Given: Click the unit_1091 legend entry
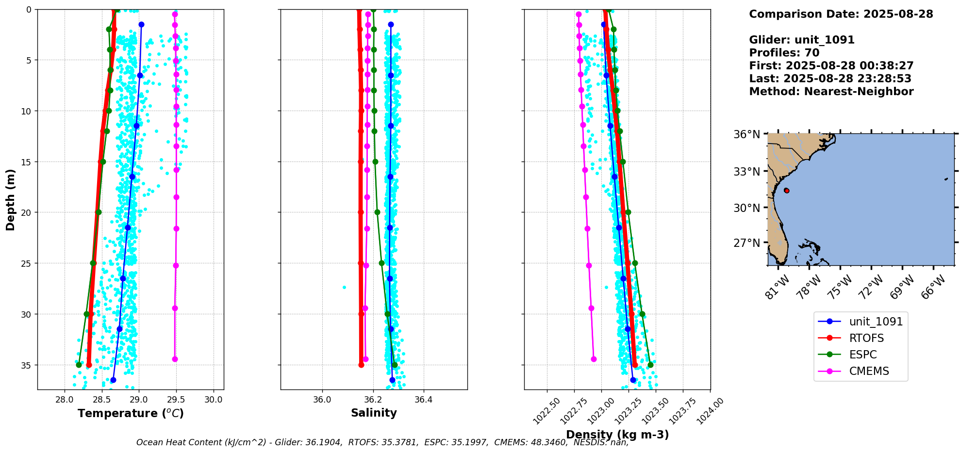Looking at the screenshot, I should (860, 322).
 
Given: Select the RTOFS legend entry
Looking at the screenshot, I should (860, 338).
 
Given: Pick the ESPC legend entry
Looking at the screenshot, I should (860, 355).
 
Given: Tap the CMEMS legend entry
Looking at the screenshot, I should (860, 371).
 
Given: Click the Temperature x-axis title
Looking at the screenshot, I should (131, 413).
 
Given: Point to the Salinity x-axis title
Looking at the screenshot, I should (374, 413).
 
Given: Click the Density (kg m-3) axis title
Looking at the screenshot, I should (617, 435).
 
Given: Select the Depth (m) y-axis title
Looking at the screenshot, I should (10, 199).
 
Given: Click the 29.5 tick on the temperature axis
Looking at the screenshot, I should (176, 400).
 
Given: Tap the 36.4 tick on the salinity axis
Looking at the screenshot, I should (423, 400).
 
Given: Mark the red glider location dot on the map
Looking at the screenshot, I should (786, 191).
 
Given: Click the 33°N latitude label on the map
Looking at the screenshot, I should (746, 171).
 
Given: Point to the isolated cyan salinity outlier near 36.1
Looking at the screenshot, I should (344, 287).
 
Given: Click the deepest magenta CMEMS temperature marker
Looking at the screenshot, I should (175, 359).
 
